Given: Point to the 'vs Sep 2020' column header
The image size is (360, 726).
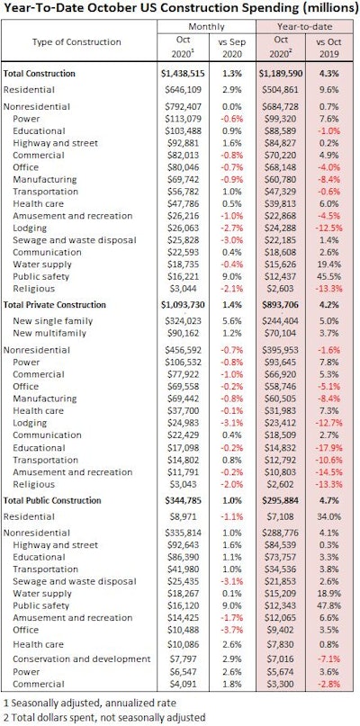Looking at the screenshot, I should coord(234,50).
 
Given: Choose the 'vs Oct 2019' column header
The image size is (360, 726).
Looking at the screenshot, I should coord(331,50).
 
